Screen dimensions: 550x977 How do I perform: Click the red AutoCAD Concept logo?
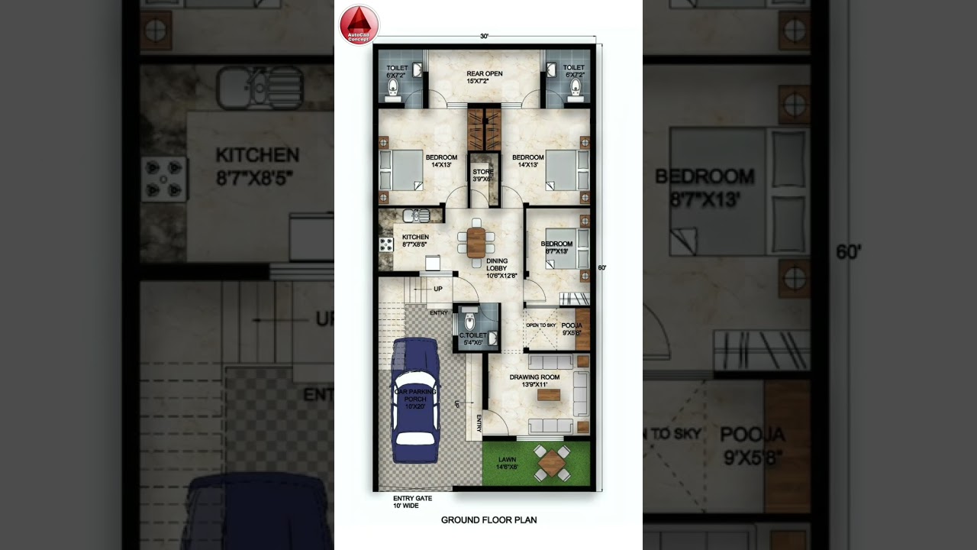pos(359,24)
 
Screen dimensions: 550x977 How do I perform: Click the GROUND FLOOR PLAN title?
pos(488,520)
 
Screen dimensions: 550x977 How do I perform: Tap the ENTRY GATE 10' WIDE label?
pos(412,502)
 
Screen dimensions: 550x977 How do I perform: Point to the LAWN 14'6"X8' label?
pos(508,463)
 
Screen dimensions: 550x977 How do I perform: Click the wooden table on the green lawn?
pos(551,463)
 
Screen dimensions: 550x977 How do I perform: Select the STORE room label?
pos(482,176)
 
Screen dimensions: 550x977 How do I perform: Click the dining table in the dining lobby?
pos(476,243)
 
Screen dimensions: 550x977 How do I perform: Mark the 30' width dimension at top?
pos(484,36)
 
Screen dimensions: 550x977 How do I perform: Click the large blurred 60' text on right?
pos(848,252)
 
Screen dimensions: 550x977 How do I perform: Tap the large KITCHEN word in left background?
pos(257,156)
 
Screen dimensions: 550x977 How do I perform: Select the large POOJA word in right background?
pos(752,435)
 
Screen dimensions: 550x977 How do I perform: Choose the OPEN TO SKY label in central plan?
pos(540,325)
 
